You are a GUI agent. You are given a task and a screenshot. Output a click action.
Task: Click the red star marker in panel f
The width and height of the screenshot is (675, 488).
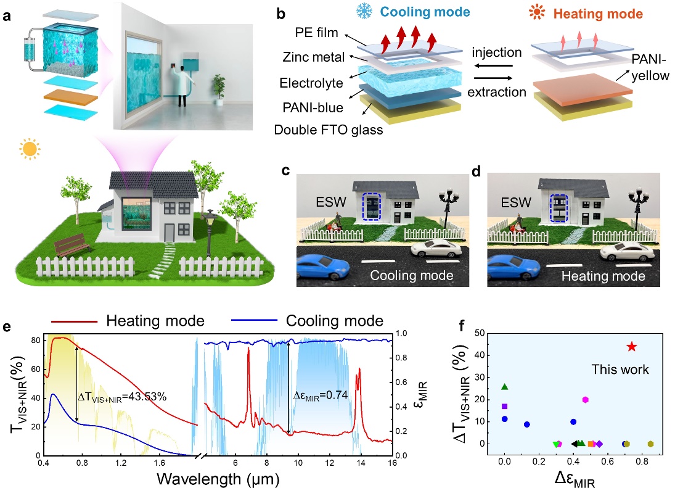631,347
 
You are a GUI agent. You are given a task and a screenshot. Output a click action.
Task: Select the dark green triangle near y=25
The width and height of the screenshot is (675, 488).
505,387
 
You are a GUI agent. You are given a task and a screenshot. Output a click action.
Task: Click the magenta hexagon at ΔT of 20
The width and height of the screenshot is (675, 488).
586,400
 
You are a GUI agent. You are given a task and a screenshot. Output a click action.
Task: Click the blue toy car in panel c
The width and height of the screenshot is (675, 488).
321,267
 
